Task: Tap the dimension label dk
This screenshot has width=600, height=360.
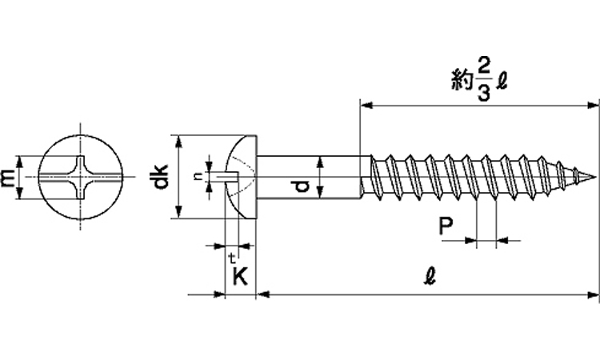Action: (x=162, y=177)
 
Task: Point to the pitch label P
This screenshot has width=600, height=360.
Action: (x=447, y=227)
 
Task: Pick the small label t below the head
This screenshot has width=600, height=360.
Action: (x=231, y=258)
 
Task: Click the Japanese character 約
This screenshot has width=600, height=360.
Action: (x=460, y=81)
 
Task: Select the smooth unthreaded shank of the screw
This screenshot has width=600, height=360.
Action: (x=312, y=177)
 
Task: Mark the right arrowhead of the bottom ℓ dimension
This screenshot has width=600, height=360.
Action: (x=595, y=296)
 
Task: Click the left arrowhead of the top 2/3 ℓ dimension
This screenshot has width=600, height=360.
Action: (x=365, y=103)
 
